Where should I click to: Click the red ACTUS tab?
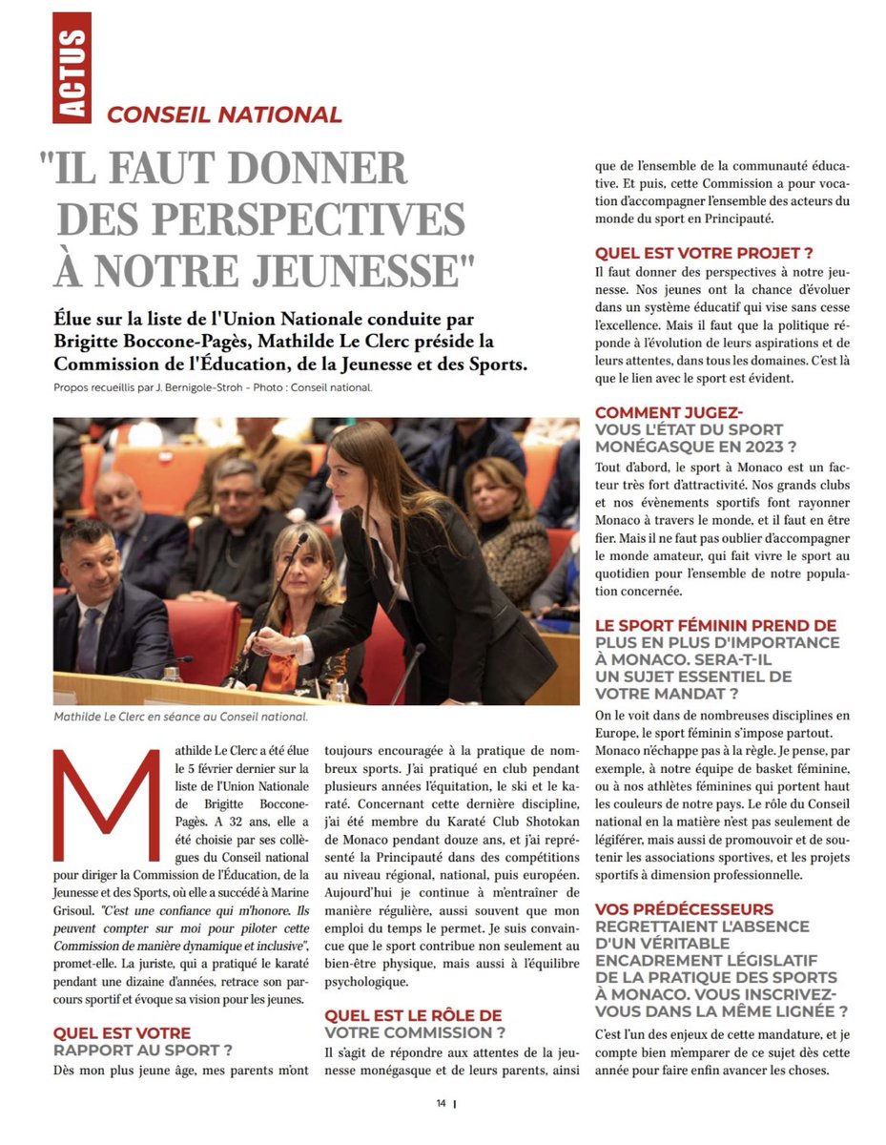(x=72, y=68)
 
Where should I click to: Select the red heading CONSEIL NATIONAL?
(x=224, y=115)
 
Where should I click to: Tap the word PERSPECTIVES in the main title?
(x=260, y=219)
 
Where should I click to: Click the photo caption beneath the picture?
(x=181, y=714)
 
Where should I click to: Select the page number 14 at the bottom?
(x=442, y=1103)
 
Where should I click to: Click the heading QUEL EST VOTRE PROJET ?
(x=703, y=253)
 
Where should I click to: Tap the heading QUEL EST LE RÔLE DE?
(x=413, y=1015)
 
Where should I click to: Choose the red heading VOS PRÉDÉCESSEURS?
(x=684, y=909)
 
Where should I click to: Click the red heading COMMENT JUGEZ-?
(x=669, y=412)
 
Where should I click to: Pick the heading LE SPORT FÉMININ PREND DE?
(x=715, y=626)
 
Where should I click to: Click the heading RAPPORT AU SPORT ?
(x=143, y=1051)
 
